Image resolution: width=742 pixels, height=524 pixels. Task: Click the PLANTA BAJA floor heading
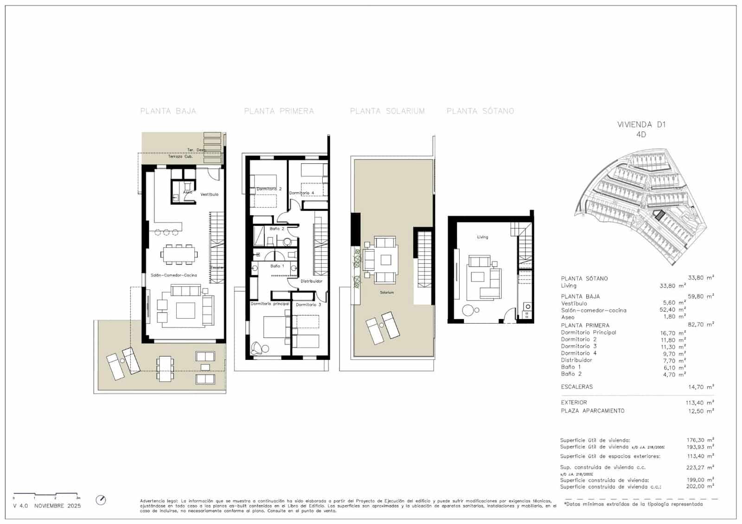coord(168,111)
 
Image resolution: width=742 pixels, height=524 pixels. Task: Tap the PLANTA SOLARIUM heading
coord(387,111)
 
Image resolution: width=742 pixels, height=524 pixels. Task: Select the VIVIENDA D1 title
coord(641,124)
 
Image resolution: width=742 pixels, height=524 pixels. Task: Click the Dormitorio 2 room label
coord(269,189)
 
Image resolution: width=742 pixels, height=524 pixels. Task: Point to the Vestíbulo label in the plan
coord(209,194)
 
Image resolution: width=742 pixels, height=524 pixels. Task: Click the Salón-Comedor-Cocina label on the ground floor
coord(174,275)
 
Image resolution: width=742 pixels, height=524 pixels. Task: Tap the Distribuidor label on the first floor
coord(311,281)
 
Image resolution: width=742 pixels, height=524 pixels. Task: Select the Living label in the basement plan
coord(482,237)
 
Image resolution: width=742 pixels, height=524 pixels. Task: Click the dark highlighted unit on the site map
coord(659,215)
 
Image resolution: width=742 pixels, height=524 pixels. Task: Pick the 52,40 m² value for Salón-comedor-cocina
coord(674,310)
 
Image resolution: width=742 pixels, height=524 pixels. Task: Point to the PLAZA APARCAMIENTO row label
coord(592,411)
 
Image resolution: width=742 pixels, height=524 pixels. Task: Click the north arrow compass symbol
coord(101,500)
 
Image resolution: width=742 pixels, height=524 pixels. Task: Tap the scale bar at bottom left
coord(46,494)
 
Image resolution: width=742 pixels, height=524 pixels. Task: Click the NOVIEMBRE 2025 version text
coord(58,506)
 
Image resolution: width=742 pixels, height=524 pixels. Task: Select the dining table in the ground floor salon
coord(179,254)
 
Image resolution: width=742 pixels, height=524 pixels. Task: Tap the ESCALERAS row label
coord(576,387)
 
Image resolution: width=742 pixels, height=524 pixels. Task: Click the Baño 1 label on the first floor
coord(277,266)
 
